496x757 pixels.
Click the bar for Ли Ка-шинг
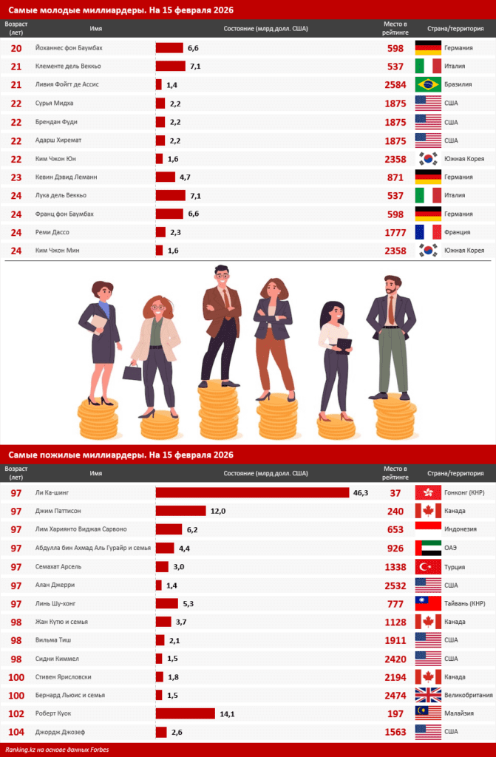pyautogui.click(x=252, y=492)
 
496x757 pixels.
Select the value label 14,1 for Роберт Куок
pyautogui.click(x=227, y=713)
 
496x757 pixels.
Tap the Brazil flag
pyautogui.click(x=429, y=84)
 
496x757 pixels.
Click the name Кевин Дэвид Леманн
pyautogui.click(x=66, y=177)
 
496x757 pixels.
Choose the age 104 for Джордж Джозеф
pyautogui.click(x=16, y=732)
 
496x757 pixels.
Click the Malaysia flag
pyautogui.click(x=429, y=713)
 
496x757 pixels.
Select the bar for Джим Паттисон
pyautogui.click(x=180, y=511)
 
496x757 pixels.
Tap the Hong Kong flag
pyautogui.click(x=429, y=492)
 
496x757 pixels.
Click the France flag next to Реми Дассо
pyautogui.click(x=429, y=232)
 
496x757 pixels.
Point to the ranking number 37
pyautogui.click(x=395, y=493)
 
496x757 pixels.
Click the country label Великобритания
pyautogui.click(x=469, y=696)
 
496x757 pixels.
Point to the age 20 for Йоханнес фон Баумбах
pyautogui.click(x=16, y=48)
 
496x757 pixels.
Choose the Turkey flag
pyautogui.click(x=429, y=566)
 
